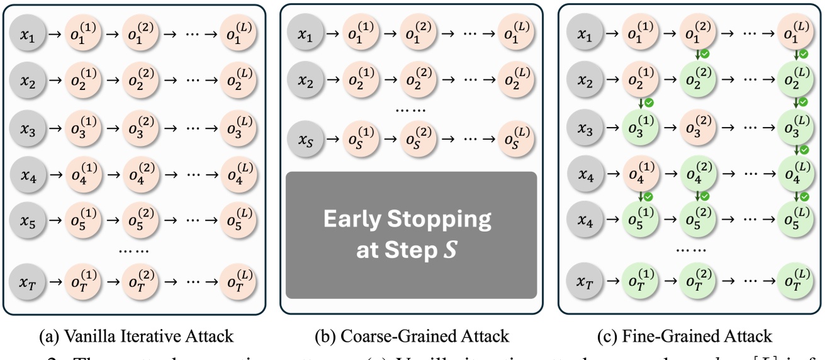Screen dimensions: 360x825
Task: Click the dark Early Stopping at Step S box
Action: click(x=411, y=235)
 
